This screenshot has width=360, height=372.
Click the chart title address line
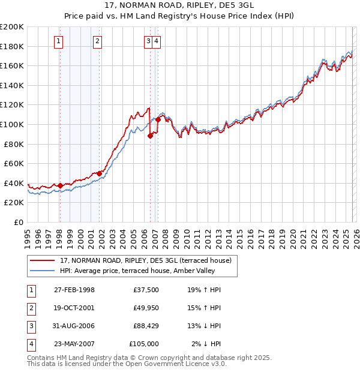179,5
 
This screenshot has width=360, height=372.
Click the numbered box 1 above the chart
59,41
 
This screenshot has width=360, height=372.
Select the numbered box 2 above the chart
97,41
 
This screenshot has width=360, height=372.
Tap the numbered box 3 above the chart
148,41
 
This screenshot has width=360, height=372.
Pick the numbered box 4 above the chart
156,41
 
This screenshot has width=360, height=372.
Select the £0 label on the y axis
18,222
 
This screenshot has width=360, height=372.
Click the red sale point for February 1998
61,185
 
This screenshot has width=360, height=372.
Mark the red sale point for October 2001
100,173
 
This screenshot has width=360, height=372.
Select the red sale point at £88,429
151,136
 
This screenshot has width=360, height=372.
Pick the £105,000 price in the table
144,344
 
